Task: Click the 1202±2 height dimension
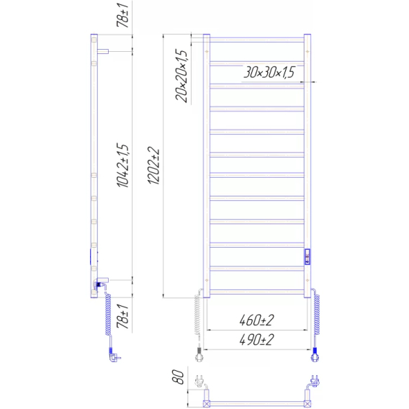[x=154, y=166]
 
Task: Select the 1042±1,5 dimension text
[x=123, y=165]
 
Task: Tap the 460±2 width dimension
[x=256, y=320]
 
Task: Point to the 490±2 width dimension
[x=256, y=340]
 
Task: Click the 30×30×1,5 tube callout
[x=269, y=72]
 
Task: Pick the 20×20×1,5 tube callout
[x=181, y=76]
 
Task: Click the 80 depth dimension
[x=178, y=377]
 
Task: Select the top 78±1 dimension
[x=123, y=15]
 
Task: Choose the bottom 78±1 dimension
[x=123, y=316]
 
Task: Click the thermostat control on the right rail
[x=307, y=256]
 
